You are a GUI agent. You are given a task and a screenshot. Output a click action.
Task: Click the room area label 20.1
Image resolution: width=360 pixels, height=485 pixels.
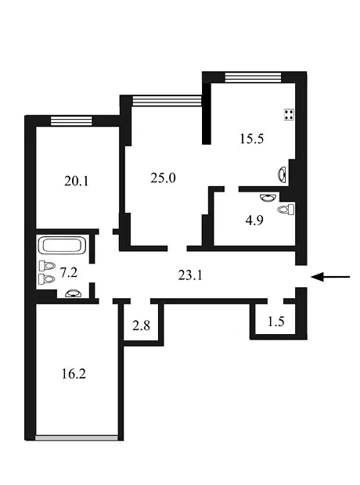tap(77, 181)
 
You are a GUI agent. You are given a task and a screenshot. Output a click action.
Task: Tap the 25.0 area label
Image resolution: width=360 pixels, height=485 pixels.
tap(163, 178)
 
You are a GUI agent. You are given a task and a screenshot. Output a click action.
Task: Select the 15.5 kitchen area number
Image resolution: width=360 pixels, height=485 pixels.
tap(252, 138)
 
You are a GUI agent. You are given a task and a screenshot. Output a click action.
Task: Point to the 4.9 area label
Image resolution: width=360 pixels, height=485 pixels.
tap(254, 221)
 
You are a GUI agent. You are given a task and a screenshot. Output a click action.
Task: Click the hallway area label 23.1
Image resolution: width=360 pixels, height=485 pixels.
tap(190, 275)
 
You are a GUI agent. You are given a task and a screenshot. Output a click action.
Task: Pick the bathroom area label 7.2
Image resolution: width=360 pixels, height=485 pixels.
tap(68, 272)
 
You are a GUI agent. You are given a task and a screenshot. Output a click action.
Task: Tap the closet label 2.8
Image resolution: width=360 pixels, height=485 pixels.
tap(141, 325)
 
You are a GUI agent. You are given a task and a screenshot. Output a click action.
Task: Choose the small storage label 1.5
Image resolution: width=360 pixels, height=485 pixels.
tap(275, 322)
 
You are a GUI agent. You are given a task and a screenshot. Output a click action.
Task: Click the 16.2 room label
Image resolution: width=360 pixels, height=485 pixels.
tap(74, 374)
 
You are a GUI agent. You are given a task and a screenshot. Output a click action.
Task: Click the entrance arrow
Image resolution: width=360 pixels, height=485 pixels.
tap(330, 277)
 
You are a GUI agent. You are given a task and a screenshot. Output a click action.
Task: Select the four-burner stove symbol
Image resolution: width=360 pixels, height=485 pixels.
tap(289, 115)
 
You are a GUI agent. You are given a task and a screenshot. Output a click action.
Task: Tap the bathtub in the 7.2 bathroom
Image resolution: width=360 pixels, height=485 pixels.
tap(62, 246)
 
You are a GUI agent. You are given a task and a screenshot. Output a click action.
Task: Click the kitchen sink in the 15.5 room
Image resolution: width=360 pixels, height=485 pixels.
tap(282, 174)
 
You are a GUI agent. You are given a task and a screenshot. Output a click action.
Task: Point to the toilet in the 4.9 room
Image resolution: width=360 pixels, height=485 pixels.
tap(286, 210)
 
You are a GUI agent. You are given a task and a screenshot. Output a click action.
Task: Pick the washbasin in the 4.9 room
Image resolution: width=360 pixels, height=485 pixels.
tap(268, 197)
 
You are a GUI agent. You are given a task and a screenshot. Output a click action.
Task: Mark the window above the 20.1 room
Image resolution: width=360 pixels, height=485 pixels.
tap(71, 120)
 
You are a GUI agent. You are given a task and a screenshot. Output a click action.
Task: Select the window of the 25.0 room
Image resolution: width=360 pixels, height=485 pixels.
tap(167, 101)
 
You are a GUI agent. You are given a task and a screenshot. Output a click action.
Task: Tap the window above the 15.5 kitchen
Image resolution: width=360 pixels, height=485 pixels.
tap(254, 77)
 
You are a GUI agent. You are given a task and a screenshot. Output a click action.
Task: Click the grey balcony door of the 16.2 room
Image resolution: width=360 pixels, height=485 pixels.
tap(77, 438)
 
